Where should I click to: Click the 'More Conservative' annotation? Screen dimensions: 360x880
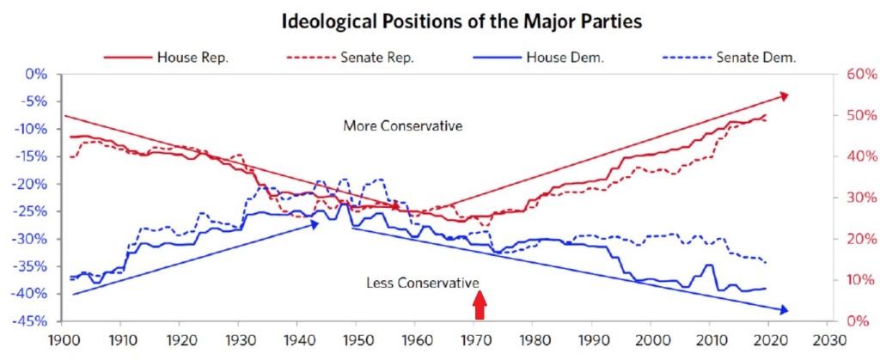(x=403, y=125)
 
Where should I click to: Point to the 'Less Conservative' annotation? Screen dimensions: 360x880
(x=422, y=283)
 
